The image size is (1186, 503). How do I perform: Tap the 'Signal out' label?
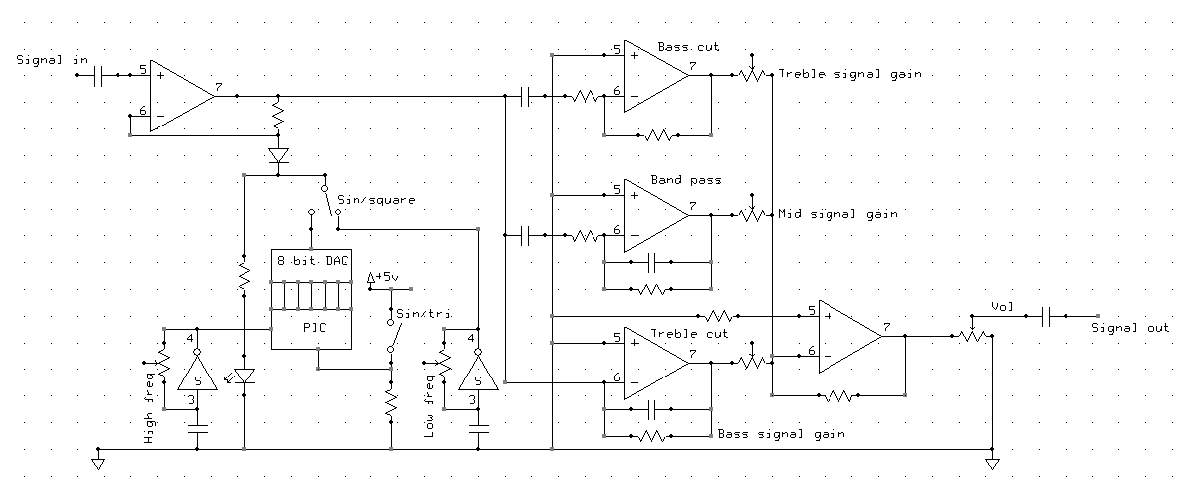[x=1130, y=328]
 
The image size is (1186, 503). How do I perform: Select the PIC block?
[x=311, y=329]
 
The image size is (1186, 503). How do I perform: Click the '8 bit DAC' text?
[x=311, y=261]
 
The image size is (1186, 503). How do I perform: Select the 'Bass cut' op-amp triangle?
[x=656, y=75]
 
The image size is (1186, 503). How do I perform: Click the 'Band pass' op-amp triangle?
[x=656, y=215]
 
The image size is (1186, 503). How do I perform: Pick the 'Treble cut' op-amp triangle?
[x=656, y=363]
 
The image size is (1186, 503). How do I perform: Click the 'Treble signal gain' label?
[x=850, y=74]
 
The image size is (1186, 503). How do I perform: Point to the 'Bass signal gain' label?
[x=782, y=434]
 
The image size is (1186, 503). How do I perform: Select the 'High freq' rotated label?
[x=149, y=414]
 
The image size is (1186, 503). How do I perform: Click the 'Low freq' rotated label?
[x=429, y=410]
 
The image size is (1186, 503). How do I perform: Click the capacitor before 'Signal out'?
[x=1044, y=316]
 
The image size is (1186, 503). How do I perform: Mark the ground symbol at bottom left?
[x=98, y=461]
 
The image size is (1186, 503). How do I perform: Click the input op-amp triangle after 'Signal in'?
[x=181, y=96]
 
